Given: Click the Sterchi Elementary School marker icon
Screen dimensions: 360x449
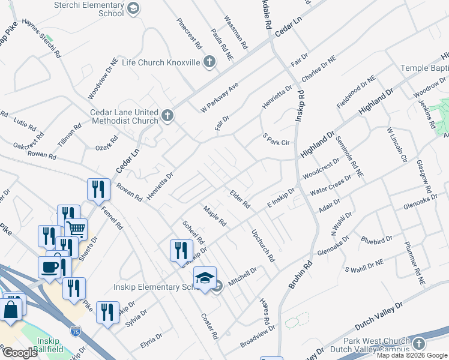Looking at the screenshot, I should (x=133, y=7).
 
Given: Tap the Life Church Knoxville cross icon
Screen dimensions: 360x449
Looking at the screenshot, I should (x=209, y=62).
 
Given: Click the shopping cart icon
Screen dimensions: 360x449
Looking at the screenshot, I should (x=76, y=229).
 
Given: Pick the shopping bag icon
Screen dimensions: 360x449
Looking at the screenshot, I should (x=11, y=310).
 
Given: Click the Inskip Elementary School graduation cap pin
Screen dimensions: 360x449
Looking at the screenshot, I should (x=205, y=278).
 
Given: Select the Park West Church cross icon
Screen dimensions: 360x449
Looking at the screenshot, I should (x=418, y=343).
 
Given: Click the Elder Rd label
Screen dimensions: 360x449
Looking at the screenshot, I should (x=240, y=199).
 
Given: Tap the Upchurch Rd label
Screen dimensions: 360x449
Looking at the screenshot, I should (x=263, y=246).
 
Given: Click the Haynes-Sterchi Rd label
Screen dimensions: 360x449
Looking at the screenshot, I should (x=41, y=38).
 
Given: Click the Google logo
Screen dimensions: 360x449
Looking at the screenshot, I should (x=20, y=353).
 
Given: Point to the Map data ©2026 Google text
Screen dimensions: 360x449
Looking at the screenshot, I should (x=412, y=355).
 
